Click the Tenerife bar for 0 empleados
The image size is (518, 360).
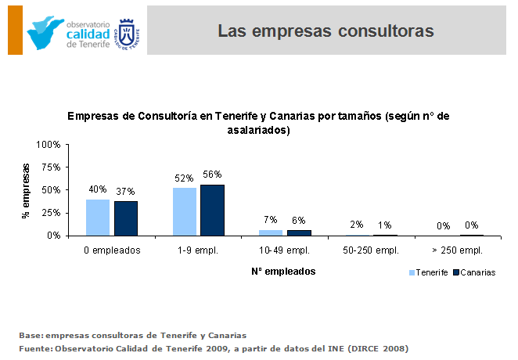coord(98,217)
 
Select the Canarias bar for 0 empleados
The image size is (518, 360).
coord(125,218)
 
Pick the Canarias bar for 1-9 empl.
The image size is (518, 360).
coord(212,210)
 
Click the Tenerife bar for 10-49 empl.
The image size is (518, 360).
coord(271,232)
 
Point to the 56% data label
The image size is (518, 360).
coord(212,175)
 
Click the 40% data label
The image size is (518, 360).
coord(98,189)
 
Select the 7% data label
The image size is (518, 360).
coord(271,220)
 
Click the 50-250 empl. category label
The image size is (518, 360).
coord(371,250)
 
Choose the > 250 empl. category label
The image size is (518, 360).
coord(457,250)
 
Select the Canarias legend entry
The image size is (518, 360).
coord(474,272)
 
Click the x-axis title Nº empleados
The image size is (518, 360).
coord(283,271)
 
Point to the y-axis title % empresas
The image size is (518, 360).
coord(26,190)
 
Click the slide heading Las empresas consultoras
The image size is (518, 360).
coord(325,31)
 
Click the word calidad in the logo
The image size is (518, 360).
coord(88,34)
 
